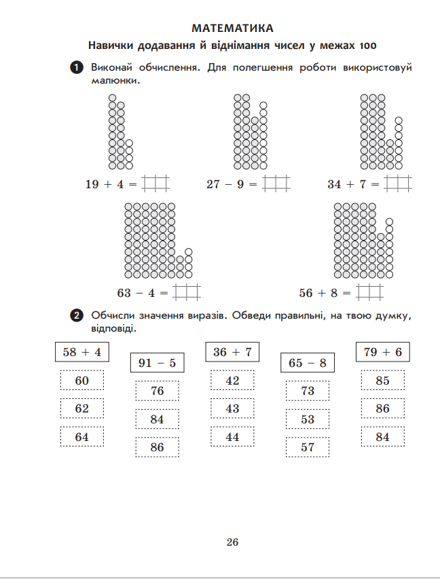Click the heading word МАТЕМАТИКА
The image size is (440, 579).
232,28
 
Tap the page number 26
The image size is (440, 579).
232,542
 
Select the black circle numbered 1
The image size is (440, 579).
77,67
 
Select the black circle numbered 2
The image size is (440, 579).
77,315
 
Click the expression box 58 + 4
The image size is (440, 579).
82,352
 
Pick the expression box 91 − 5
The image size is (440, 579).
157,363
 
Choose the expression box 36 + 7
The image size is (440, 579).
232,352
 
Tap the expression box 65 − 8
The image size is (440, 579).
308,363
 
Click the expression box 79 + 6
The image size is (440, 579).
383,352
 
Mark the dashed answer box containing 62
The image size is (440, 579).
82,408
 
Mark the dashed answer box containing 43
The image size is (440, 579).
232,408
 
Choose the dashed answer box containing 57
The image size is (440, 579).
308,447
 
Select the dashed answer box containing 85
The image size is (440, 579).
383,381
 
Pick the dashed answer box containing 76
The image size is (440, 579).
157,391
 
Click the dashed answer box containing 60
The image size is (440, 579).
82,381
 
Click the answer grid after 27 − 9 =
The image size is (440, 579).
276,184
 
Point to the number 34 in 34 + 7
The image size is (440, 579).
334,184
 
